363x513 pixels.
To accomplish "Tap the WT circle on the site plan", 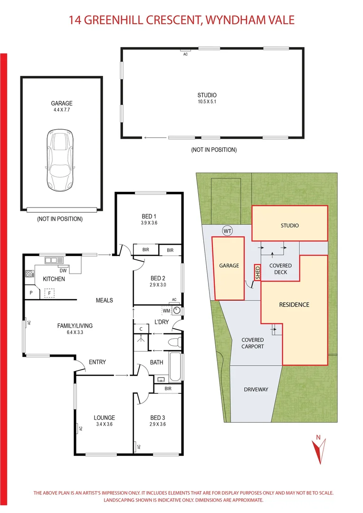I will click(227, 231).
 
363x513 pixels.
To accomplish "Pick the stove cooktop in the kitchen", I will click(29, 274).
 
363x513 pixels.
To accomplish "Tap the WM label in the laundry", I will click(166, 311).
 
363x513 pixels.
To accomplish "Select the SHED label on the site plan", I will click(258, 272).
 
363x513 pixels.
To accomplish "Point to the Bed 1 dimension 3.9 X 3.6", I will click(149, 223).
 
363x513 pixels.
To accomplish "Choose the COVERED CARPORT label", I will click(252, 343).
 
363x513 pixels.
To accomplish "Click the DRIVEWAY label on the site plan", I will click(256, 389).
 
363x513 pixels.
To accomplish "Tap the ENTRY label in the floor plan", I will click(97, 362).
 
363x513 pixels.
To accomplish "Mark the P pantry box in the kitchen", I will click(31, 293).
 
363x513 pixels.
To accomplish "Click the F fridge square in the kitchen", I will click(48, 294).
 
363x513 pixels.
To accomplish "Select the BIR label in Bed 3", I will click(168, 389).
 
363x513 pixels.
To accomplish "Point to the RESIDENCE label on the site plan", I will click(294, 304).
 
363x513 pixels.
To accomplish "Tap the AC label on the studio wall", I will click(185, 54).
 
